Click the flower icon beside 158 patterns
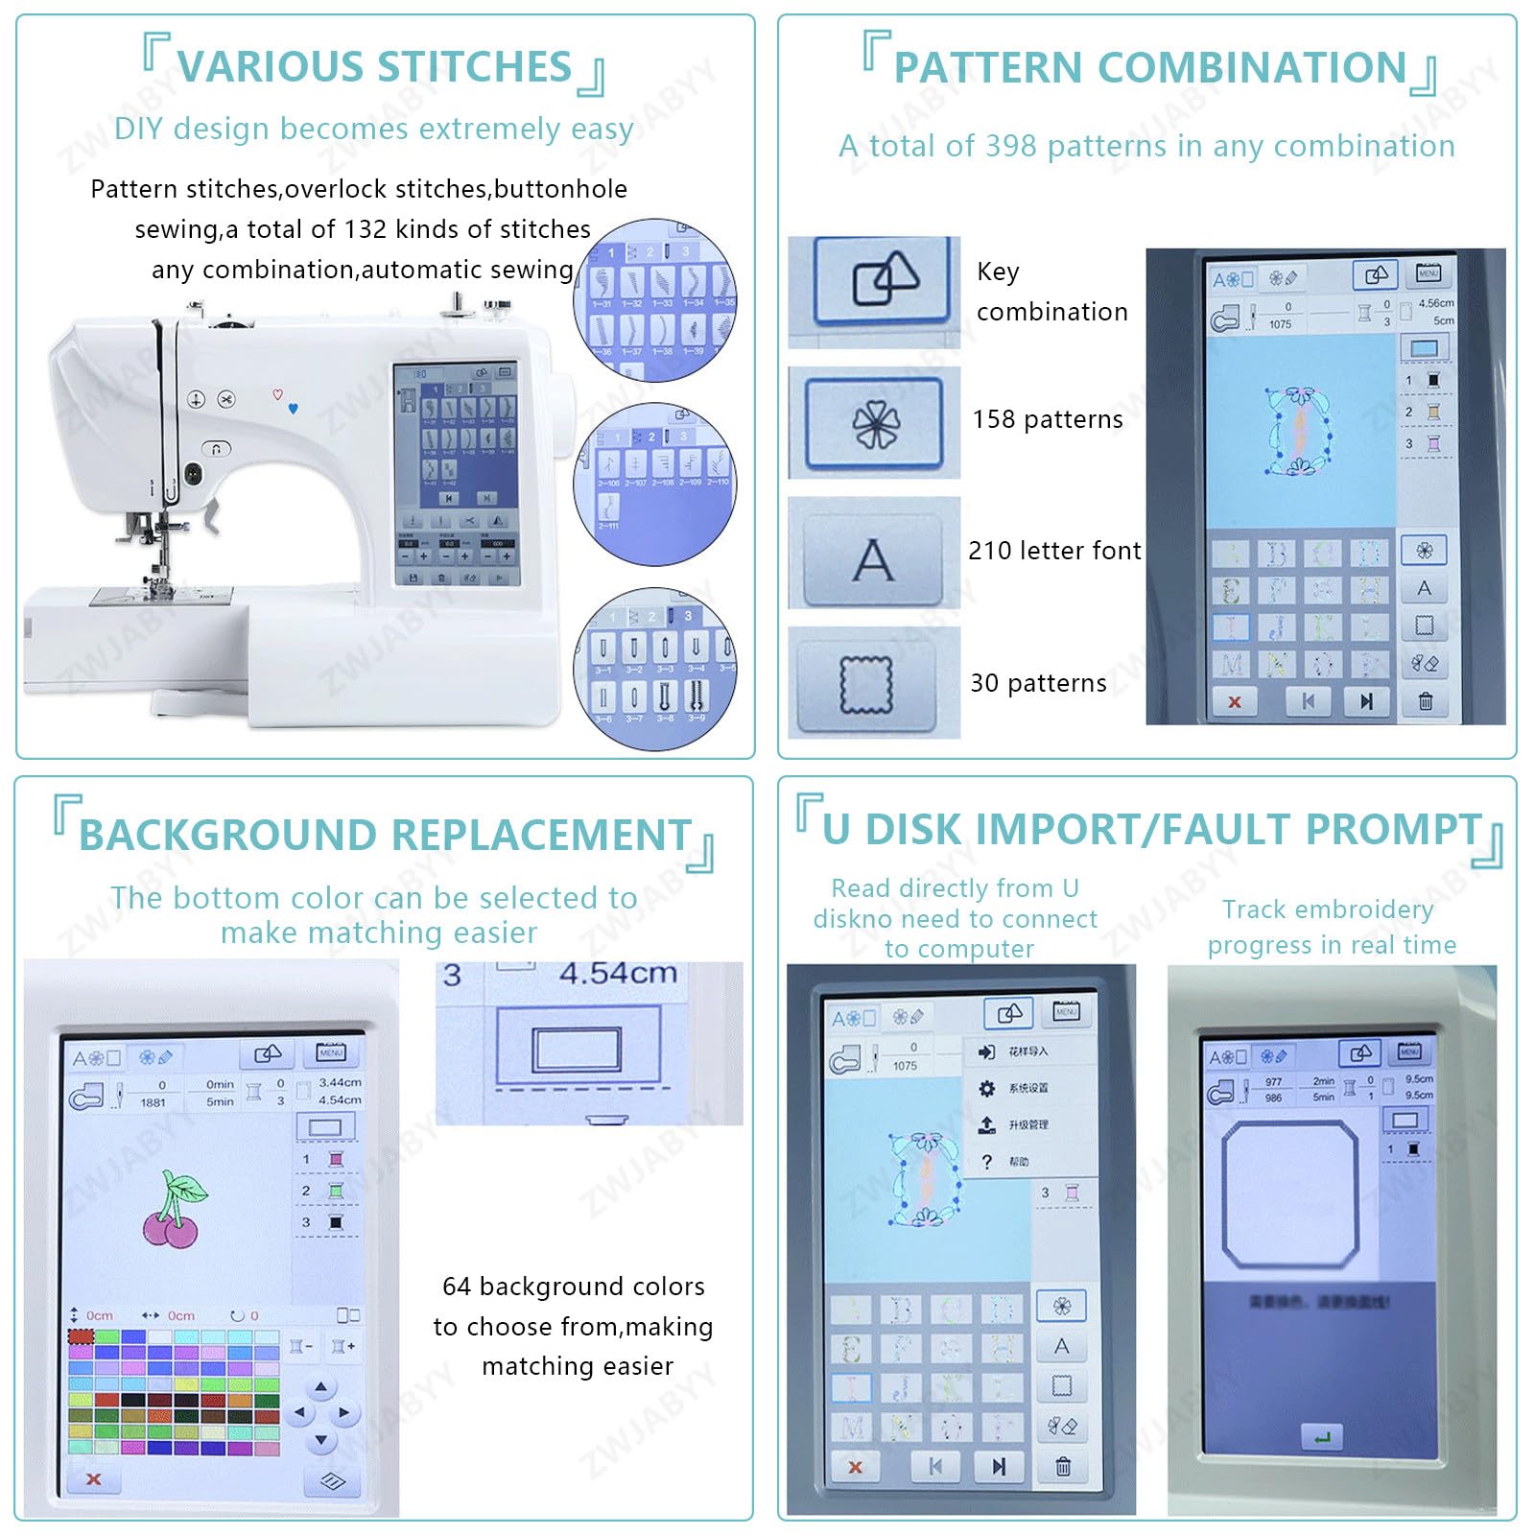[x=875, y=423]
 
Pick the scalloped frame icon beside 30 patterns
[x=866, y=684]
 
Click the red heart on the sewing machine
[x=277, y=394]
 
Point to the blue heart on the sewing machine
[x=293, y=408]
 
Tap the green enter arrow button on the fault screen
[x=1322, y=1437]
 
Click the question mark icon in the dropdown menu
[x=986, y=1162]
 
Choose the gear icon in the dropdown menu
[x=986, y=1088]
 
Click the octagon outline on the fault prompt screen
[x=1290, y=1194]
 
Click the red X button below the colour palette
[x=93, y=1478]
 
